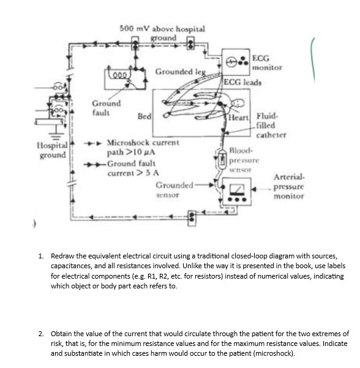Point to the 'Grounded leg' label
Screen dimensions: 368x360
pos(176,72)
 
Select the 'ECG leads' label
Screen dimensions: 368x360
pos(243,82)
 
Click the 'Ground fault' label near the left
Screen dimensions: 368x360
pos(107,108)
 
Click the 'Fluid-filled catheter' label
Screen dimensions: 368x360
pos(268,124)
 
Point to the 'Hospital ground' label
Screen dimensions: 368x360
pos(50,150)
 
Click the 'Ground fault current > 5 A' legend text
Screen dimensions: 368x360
pos(132,168)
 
